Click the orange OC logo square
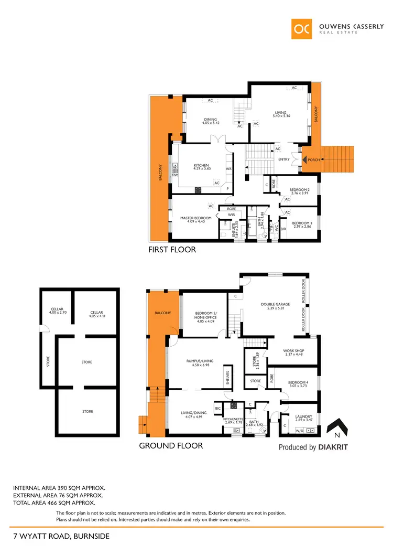(303, 29)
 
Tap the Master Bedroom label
(196, 218)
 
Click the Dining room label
(210, 120)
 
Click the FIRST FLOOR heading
(172, 250)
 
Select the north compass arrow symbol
(335, 429)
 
